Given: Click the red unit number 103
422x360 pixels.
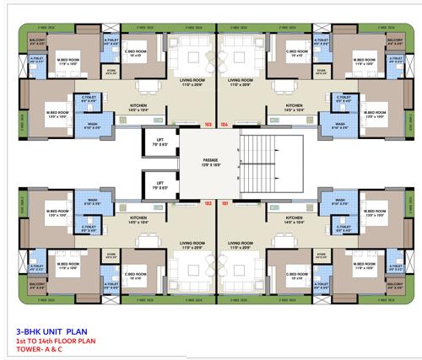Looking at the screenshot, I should tap(208, 124).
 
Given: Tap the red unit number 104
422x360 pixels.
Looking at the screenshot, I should tap(225, 124).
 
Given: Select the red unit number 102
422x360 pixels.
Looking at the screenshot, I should tap(208, 202).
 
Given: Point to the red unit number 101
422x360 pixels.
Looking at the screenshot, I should tap(225, 202).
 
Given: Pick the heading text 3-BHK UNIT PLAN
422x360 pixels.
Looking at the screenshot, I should tap(52, 331).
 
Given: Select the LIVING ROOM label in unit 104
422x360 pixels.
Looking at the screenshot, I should tap(241, 81).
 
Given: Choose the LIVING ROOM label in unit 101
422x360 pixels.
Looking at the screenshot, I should tap(241, 244).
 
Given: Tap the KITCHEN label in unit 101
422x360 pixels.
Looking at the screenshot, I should tap(295, 218).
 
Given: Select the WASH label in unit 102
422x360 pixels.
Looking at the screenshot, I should tap(93, 201).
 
